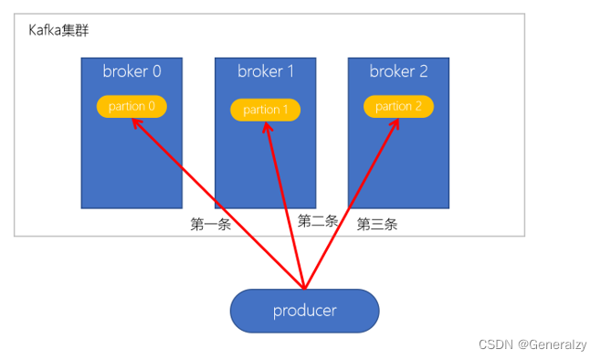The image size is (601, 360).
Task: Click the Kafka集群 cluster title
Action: [58, 30]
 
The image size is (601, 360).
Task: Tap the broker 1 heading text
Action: [265, 70]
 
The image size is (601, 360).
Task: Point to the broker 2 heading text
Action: [398, 70]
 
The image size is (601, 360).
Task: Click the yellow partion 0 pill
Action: [132, 106]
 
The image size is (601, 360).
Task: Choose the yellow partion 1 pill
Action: [265, 110]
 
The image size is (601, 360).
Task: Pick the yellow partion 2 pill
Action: [398, 106]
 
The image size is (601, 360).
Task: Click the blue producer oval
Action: [304, 311]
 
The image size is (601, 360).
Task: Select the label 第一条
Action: [210, 225]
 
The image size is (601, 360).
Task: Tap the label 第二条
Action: [318, 220]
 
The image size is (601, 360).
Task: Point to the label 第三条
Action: [376, 224]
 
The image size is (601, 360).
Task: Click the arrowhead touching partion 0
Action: [136, 122]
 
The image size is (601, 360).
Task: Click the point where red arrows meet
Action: [304, 286]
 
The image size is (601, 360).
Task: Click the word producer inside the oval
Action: [304, 311]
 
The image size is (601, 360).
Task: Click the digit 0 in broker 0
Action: [155, 70]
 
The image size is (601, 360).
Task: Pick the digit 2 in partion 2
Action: [417, 106]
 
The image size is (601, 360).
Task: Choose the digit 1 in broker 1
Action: [290, 70]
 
